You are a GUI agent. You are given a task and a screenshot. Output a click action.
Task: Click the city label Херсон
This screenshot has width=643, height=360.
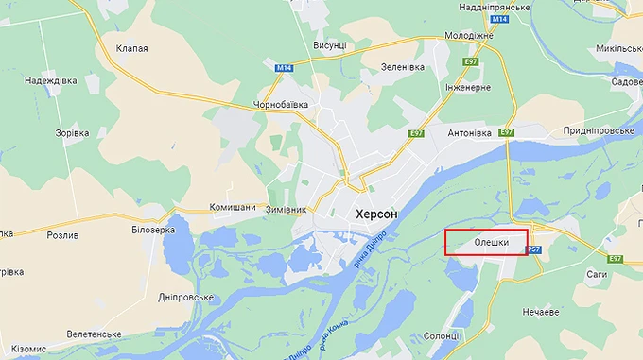[x=376, y=215]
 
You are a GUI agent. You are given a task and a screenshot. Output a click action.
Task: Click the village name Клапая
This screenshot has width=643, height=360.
[x=131, y=48]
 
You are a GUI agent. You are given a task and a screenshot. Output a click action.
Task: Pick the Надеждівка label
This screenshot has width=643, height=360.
[x=51, y=81]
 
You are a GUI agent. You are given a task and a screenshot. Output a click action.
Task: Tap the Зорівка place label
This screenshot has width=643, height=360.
[x=73, y=133]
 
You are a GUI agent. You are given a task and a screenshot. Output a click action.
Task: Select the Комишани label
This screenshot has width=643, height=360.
[x=232, y=208]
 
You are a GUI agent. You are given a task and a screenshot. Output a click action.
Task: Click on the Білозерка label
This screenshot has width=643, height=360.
[x=154, y=230]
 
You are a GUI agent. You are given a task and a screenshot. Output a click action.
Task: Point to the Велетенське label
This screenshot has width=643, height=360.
[x=94, y=334]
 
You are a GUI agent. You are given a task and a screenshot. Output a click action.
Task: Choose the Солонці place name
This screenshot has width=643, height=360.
[x=441, y=335]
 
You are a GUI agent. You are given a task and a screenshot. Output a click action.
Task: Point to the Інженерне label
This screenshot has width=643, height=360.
[x=468, y=87]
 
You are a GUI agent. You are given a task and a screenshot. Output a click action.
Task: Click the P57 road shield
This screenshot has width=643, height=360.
[x=534, y=249]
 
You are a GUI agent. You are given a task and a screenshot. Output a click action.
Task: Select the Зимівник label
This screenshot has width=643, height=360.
[x=285, y=208]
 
